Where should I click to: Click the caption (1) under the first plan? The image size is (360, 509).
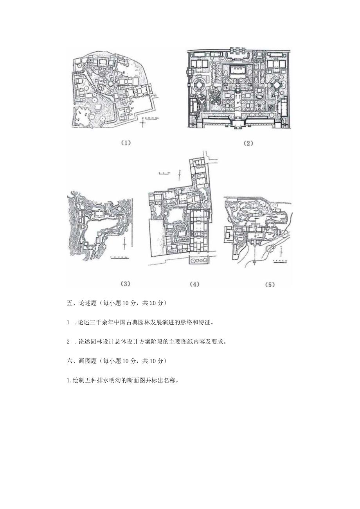click(125, 143)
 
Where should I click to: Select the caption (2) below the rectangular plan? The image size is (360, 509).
click(248, 143)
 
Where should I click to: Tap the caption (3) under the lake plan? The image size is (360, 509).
click(125, 284)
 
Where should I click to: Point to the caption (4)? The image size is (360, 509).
click(194, 284)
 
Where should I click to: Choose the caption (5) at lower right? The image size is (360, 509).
click(270, 285)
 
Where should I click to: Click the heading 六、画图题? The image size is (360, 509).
click(81, 361)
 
